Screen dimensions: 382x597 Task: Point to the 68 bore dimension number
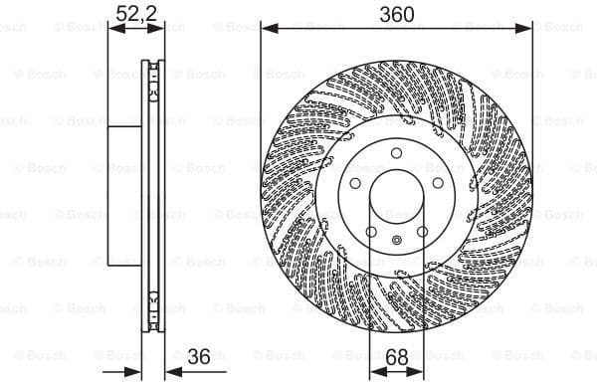(396, 355)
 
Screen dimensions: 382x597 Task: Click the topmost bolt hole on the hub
(396, 152)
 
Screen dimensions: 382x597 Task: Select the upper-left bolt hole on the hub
(354, 183)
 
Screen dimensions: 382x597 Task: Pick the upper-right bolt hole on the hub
(438, 183)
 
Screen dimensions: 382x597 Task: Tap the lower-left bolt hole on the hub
(370, 232)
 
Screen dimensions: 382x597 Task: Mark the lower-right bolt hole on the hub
(422, 232)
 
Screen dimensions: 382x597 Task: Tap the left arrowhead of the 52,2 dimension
(111, 30)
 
